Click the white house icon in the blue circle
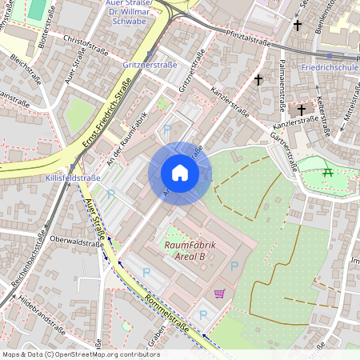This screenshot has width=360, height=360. tap(180, 173)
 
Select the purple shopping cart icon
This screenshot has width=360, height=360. tap(219, 294)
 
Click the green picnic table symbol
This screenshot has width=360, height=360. tap(326, 171)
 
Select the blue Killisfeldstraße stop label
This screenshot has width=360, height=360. tap(74, 178)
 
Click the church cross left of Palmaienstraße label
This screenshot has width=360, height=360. tap(258, 79)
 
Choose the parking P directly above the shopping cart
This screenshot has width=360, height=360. tap(234, 266)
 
